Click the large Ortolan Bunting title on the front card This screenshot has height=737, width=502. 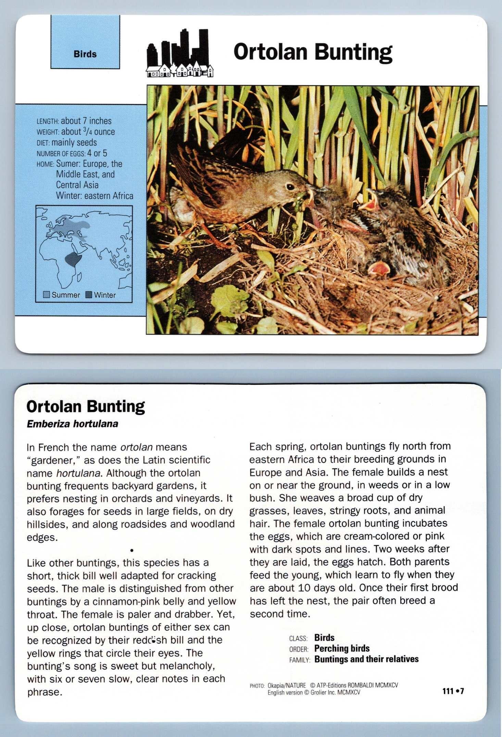(x=313, y=52)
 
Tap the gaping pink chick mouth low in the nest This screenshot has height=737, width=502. (x=379, y=269)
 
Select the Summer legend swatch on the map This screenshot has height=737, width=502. (x=47, y=295)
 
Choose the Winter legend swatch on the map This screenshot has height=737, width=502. (x=89, y=295)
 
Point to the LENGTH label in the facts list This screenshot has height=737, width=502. (x=48, y=121)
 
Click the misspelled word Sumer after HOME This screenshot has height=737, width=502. (x=68, y=164)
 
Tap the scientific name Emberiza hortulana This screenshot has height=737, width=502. (x=73, y=424)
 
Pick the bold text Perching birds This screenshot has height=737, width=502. (x=342, y=648)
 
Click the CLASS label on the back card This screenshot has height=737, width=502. (x=298, y=638)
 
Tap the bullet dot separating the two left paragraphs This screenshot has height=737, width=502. (x=131, y=551)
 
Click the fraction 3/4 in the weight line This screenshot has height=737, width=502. (x=87, y=131)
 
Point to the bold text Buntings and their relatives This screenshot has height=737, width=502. (x=366, y=659)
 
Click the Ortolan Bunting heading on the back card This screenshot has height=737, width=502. (x=86, y=406)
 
